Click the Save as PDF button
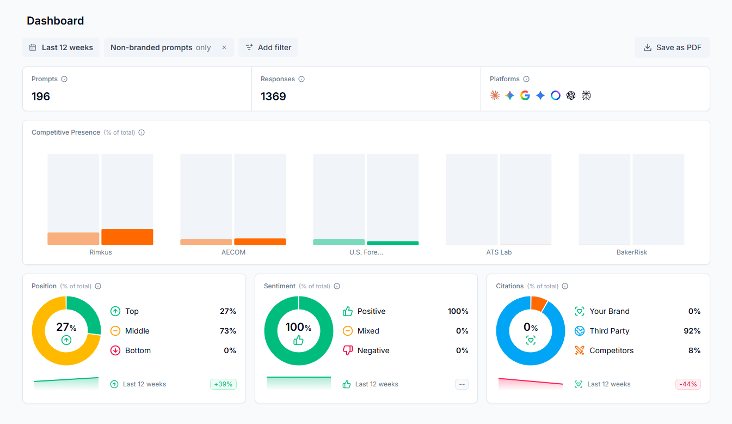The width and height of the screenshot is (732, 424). (672, 47)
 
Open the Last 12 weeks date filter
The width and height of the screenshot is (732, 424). (61, 47)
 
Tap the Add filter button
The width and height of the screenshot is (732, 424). (268, 47)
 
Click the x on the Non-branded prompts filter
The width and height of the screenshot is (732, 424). (224, 47)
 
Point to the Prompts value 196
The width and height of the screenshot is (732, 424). (41, 96)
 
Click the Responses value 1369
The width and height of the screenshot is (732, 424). (273, 96)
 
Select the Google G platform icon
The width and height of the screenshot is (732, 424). (525, 95)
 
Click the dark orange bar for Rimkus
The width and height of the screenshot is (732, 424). (127, 237)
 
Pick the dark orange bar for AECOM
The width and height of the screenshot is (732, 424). (260, 241)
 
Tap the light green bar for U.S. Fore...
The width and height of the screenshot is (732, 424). (339, 242)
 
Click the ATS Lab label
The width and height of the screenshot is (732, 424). (499, 252)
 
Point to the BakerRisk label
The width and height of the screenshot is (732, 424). (631, 252)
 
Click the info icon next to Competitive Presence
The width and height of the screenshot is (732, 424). (142, 132)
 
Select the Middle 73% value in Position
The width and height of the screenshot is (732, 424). (227, 331)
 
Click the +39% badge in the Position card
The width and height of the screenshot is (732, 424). (223, 384)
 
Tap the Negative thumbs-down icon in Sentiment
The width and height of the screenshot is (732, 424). (348, 350)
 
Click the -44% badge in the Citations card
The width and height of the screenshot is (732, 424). (688, 384)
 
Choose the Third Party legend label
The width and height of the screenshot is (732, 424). (609, 331)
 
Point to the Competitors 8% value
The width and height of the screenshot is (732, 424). (694, 350)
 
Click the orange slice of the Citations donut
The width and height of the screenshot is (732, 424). (539, 303)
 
